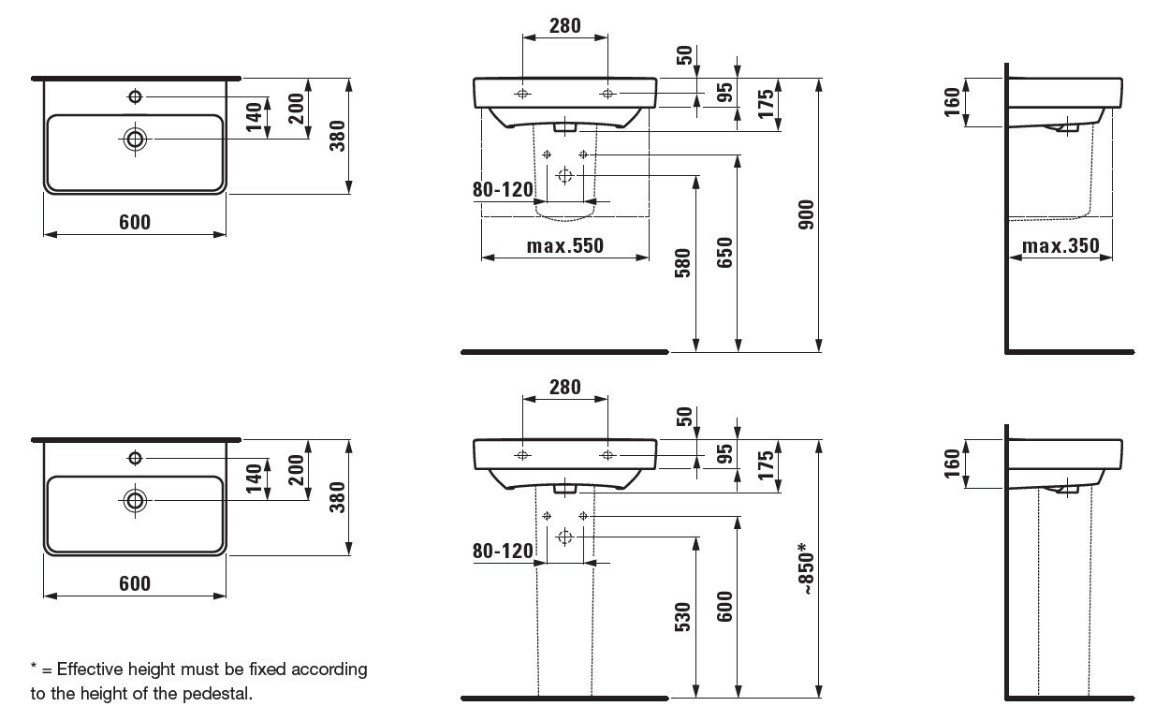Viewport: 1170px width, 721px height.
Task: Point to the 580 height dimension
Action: pyautogui.click(x=683, y=263)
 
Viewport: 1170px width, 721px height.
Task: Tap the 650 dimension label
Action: pyautogui.click(x=726, y=253)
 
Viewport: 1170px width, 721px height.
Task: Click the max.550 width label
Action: pyautogui.click(x=564, y=246)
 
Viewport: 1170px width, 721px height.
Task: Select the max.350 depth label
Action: pyautogui.click(x=1060, y=246)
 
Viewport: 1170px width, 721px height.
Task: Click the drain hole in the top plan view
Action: pyautogui.click(x=136, y=139)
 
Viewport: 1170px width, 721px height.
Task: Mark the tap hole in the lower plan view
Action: pyautogui.click(x=136, y=457)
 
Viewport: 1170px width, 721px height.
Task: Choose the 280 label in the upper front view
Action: pyautogui.click(x=564, y=26)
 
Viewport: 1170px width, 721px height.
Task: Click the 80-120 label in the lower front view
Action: pyautogui.click(x=503, y=552)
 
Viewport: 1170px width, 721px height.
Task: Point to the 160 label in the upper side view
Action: pyautogui.click(x=952, y=99)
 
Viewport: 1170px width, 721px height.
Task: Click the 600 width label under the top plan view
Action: pyautogui.click(x=135, y=222)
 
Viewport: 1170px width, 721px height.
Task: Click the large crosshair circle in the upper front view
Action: pyautogui.click(x=564, y=174)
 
